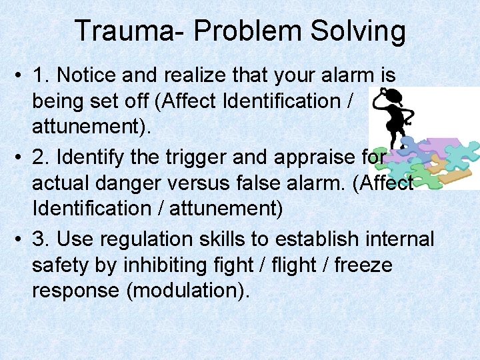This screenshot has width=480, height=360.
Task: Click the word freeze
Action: point(363,265)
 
